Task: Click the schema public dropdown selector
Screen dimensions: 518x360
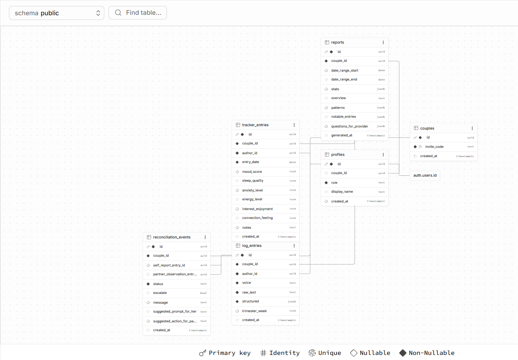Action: click(56, 13)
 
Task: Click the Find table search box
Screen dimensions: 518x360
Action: click(138, 13)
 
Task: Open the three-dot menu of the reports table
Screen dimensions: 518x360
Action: click(383, 42)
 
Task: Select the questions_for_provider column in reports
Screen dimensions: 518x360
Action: click(349, 126)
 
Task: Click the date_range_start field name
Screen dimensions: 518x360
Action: click(345, 70)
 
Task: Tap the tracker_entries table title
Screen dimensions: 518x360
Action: click(255, 125)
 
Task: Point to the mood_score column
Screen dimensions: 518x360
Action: click(252, 172)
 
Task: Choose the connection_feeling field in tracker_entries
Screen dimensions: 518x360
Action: click(257, 218)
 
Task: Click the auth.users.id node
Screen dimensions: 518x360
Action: click(425, 175)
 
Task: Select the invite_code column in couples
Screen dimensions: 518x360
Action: click(434, 147)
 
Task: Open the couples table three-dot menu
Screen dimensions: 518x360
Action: click(472, 128)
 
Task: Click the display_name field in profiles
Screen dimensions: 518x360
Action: click(342, 191)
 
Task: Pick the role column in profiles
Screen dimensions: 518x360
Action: click(334, 183)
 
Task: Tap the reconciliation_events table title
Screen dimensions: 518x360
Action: click(172, 237)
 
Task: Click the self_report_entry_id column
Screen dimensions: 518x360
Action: click(169, 265)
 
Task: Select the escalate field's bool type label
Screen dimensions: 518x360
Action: click(203, 293)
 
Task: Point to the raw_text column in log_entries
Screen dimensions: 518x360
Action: click(249, 292)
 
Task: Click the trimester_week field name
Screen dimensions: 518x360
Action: click(254, 311)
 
